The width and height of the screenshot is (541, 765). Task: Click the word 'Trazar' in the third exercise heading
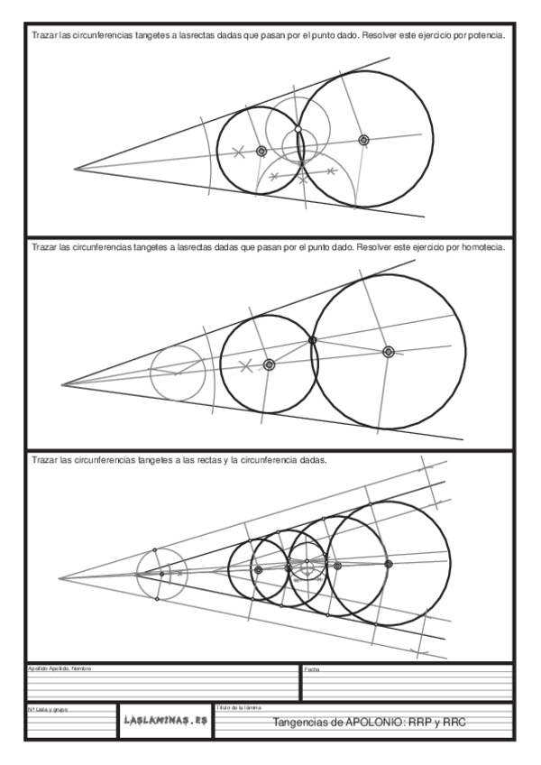44,459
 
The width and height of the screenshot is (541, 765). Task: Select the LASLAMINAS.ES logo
165,720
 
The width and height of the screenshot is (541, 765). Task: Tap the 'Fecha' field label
311,669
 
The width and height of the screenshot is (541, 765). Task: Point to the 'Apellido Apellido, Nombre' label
59,668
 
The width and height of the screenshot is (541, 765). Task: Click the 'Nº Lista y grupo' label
46,710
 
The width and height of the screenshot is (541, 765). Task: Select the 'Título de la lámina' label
239,709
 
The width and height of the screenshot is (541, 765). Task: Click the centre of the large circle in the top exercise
363,140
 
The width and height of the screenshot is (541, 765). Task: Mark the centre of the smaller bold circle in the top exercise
261,152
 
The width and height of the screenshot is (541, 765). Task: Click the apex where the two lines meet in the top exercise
75,168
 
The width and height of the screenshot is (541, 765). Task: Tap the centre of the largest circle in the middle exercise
389,352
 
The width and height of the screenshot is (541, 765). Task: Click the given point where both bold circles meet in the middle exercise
312,340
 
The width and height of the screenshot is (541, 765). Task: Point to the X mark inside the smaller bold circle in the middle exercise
244,365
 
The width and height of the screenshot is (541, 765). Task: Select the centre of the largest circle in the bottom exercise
389,564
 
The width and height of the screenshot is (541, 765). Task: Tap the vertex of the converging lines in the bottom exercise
59,578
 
